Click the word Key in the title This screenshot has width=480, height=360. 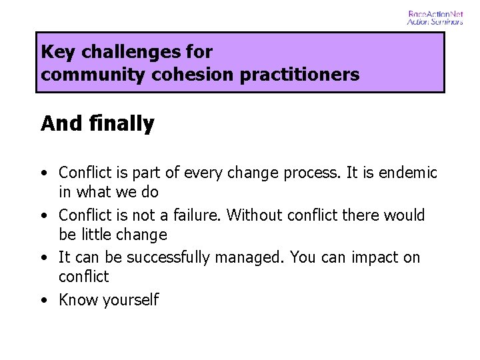click(55, 52)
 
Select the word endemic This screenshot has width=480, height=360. click(408, 173)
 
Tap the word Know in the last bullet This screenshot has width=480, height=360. click(75, 300)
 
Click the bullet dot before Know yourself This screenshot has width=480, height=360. click(43, 301)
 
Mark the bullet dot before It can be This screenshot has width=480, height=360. click(43, 258)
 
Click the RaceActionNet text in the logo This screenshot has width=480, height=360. click(435, 13)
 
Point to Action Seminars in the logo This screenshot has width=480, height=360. click(435, 21)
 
